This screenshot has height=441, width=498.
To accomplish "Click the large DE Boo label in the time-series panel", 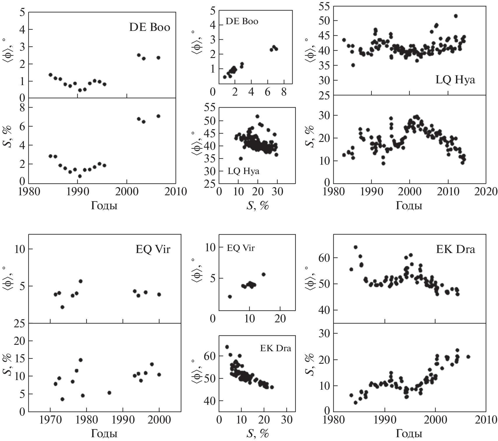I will click(x=149, y=27).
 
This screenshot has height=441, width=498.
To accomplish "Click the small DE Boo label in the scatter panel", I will click(x=242, y=22).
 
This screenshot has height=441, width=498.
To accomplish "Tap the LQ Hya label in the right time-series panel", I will click(x=455, y=80).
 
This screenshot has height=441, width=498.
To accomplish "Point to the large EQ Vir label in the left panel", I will click(x=153, y=250).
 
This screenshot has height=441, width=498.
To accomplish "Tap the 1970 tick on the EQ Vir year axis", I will click(x=50, y=420).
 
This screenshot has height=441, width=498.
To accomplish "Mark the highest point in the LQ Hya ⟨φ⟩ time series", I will click(x=456, y=16).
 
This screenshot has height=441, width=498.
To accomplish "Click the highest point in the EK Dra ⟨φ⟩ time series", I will click(x=356, y=247).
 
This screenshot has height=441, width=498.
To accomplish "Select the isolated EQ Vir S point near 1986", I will click(x=109, y=393).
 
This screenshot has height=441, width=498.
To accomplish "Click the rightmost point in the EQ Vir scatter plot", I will click(x=263, y=274).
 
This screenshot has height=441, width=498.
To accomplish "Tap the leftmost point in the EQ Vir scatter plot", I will click(x=230, y=297).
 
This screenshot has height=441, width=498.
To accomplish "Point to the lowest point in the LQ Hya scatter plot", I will click(x=241, y=159).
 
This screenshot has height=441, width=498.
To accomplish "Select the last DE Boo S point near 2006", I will click(x=158, y=116).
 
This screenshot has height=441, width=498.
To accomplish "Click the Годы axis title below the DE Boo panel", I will click(x=104, y=206).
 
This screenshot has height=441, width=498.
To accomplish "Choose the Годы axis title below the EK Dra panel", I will click(x=409, y=434).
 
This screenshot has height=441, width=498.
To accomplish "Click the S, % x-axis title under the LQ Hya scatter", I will click(x=257, y=206).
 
